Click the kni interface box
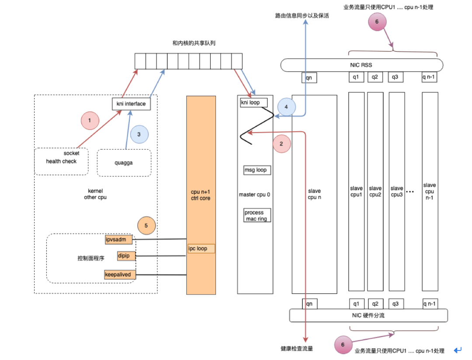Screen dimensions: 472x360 [x=131, y=104]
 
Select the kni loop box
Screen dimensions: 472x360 [x=254, y=102]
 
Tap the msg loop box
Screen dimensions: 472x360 [x=257, y=170]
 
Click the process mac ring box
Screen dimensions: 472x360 [x=257, y=215]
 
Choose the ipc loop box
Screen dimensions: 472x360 [x=201, y=248]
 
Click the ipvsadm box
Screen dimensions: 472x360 [x=118, y=240]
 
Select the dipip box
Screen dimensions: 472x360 [x=126, y=256]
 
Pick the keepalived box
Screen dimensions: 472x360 [x=120, y=274]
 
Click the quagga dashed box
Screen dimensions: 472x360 [x=124, y=163]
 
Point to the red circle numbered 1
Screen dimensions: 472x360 [x=90, y=120]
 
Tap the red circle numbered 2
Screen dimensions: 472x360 [x=282, y=144]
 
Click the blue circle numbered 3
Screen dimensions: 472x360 [x=139, y=134]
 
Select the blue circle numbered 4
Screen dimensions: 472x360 [x=286, y=107]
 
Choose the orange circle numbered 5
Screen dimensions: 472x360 [x=146, y=225]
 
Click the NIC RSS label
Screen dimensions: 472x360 [x=361, y=65]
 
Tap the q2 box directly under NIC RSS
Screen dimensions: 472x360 [x=375, y=77]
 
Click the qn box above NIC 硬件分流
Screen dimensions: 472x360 [x=309, y=304]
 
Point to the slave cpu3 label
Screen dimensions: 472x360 [x=397, y=191]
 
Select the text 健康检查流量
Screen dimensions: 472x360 [x=296, y=349]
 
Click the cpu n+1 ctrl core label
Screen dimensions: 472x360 [x=201, y=195]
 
